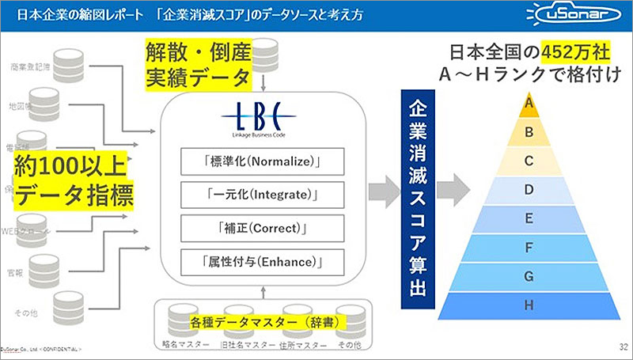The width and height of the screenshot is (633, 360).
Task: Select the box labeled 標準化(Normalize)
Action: point(261,161)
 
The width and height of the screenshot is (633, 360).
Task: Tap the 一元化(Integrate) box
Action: point(261,194)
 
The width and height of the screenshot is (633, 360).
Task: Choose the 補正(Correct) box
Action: point(261,227)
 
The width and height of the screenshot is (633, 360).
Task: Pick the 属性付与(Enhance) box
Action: point(261,260)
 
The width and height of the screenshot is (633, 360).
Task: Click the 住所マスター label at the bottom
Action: point(298,347)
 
